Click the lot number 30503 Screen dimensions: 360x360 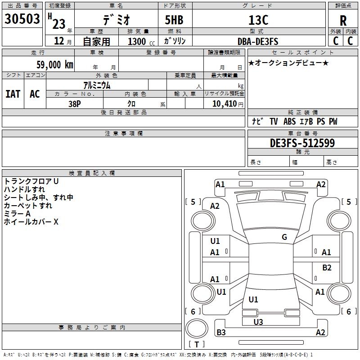pos(22,18)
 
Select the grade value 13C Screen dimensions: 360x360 pos(258,20)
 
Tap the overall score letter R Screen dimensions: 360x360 pos(343,21)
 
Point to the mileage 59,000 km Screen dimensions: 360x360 pos(55,64)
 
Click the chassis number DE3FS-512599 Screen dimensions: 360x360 pos(302,143)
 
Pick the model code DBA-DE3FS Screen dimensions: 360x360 pos(258,41)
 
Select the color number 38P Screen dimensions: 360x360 pos(75,104)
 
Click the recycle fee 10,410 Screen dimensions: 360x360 pos(224,103)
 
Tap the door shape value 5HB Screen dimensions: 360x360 pos(174,20)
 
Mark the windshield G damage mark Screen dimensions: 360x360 pos(284,237)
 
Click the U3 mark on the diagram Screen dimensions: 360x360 pos(258,322)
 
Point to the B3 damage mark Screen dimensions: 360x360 pos(221,332)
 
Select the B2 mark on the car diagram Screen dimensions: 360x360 pos(327,267)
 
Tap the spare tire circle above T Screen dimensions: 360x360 pos(197,328)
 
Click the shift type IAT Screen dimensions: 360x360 pos(13,94)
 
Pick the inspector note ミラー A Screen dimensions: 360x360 pos(17,213)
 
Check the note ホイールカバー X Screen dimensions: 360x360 pos(31,221)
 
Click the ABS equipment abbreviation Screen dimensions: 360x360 pos(289,121)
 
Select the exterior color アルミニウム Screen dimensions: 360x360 pos(97,85)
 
